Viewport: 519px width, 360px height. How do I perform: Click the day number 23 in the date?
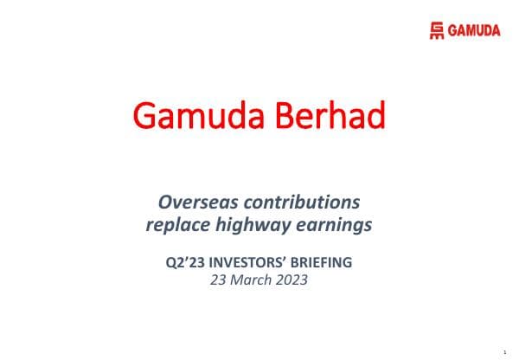(x=220, y=280)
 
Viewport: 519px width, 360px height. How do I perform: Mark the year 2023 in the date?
(x=292, y=280)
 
